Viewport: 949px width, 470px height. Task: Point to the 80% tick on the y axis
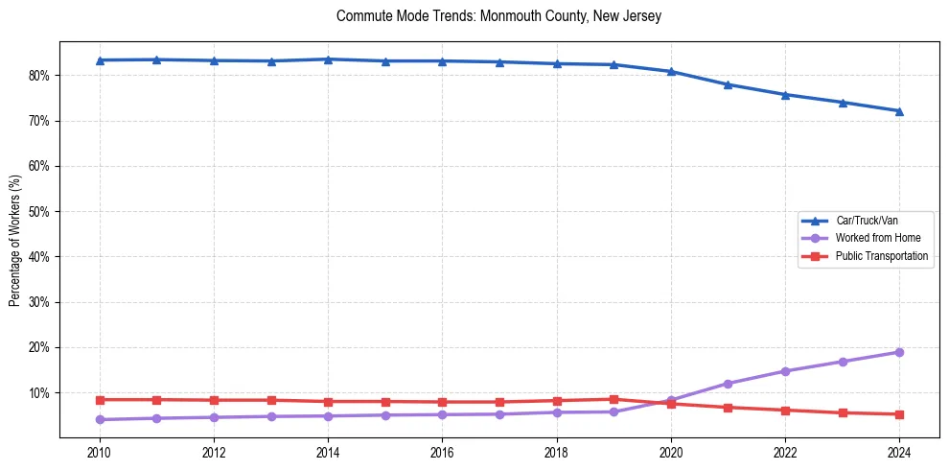pyautogui.click(x=39, y=76)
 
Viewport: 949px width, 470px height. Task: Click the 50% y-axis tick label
pyautogui.click(x=39, y=212)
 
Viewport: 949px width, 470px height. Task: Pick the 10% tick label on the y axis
pyautogui.click(x=39, y=393)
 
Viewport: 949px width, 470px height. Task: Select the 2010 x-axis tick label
pyautogui.click(x=99, y=452)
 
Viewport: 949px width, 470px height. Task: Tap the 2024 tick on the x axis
pyautogui.click(x=899, y=452)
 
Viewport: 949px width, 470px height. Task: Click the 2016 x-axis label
pyautogui.click(x=442, y=452)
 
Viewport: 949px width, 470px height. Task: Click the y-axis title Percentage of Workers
pyautogui.click(x=15, y=240)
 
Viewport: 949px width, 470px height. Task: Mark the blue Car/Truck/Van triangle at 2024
pyautogui.click(x=899, y=111)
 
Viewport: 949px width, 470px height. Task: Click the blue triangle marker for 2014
pyautogui.click(x=328, y=59)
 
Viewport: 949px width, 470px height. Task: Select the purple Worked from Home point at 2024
pyautogui.click(x=899, y=352)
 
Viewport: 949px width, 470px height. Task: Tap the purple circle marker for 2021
pyautogui.click(x=728, y=384)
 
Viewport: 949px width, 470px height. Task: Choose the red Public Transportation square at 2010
pyautogui.click(x=99, y=400)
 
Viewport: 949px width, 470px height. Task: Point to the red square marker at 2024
pyautogui.click(x=899, y=414)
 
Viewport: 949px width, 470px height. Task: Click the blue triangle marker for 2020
pyautogui.click(x=671, y=72)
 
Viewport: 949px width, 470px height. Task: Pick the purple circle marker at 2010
pyautogui.click(x=99, y=419)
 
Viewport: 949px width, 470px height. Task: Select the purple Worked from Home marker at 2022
pyautogui.click(x=785, y=371)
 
